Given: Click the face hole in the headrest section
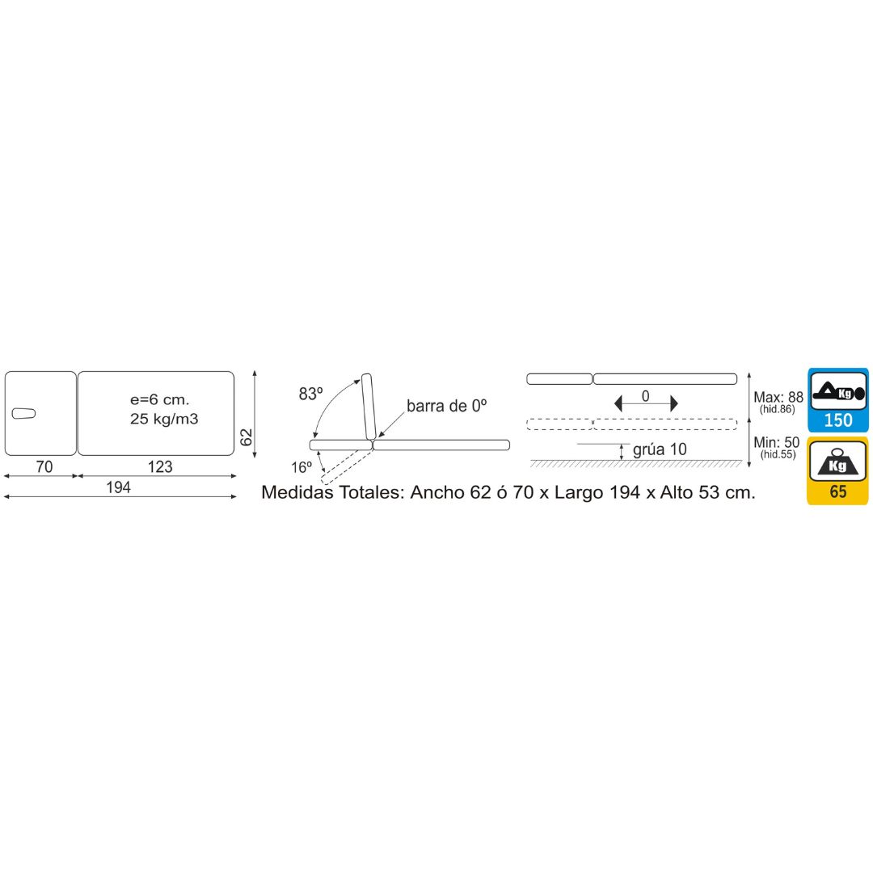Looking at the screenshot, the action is [23, 413].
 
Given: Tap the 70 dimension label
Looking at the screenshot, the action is [44, 466].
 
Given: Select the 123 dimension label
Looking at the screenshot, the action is [160, 466].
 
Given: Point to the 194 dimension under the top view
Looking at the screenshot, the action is [118, 487].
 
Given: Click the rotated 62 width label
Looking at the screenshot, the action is [246, 437].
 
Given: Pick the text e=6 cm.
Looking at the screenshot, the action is [160, 399].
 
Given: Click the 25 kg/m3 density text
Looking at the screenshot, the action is [164, 419].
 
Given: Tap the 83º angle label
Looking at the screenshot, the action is [310, 394].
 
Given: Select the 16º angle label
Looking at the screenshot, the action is [302, 467].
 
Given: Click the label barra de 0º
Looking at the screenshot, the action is [446, 406].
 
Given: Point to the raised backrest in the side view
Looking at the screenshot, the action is [369, 407].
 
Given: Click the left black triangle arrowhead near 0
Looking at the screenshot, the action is [618, 403].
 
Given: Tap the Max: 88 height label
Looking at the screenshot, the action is [778, 397].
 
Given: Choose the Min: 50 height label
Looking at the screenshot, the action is [776, 442].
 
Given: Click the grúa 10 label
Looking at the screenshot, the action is [660, 449].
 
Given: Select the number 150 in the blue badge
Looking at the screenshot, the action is [838, 420].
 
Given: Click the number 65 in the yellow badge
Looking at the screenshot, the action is [838, 491].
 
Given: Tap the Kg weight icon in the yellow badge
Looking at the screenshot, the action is [838, 462].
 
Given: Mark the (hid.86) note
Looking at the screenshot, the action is [778, 409].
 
